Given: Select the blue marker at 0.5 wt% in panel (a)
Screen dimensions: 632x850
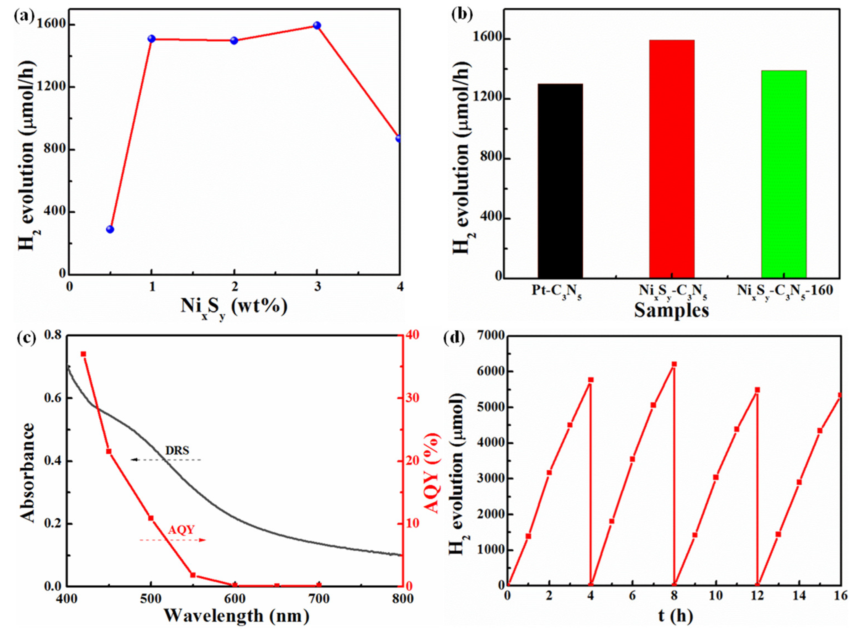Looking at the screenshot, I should click(110, 229).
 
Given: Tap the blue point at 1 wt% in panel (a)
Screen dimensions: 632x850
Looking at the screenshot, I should click(151, 39).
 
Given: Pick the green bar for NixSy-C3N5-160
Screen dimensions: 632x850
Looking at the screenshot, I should click(783, 174).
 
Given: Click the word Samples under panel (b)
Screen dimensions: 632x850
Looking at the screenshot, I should click(671, 311).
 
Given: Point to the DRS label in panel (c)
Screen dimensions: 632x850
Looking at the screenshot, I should click(177, 450).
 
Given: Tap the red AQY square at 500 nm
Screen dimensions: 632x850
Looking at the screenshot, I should click(151, 518).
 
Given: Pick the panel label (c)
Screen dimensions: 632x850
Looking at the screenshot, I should click(24, 338).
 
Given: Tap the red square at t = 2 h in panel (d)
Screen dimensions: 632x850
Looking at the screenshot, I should click(549, 473).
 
